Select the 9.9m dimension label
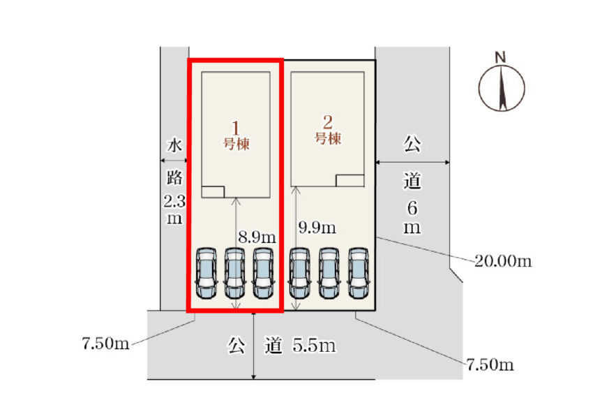[x=317, y=228]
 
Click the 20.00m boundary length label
[x=503, y=261]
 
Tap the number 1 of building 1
[x=236, y=128]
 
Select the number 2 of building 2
[x=328, y=119]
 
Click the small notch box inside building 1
[x=213, y=192]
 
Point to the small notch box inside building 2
[x=350, y=180]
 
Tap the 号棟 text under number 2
[x=328, y=138]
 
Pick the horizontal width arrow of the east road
[x=412, y=163]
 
